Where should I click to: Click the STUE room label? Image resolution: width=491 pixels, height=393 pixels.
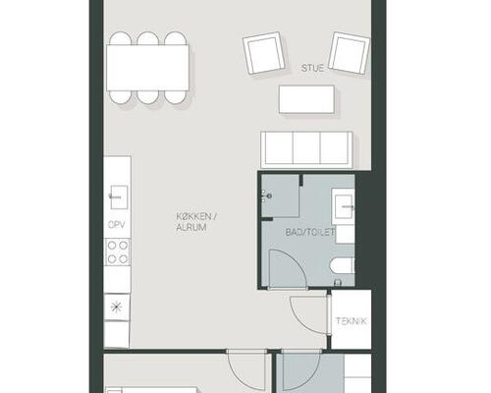tap(312, 68)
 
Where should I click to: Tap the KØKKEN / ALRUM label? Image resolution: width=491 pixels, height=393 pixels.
tap(196, 222)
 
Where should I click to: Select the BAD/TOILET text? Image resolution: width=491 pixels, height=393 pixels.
tap(310, 232)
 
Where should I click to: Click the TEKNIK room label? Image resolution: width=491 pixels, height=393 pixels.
tap(352, 321)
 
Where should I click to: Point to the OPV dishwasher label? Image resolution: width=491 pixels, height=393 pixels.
tap(117, 225)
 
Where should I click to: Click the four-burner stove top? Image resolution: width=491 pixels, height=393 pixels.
tap(118, 253)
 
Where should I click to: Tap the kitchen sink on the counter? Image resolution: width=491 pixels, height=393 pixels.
tap(119, 197)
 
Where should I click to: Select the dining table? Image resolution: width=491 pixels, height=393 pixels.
tap(147, 68)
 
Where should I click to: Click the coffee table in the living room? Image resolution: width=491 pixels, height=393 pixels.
tap(306, 99)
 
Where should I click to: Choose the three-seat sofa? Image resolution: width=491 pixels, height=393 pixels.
tap(306, 150)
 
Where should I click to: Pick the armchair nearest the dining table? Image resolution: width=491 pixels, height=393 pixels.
tap(263, 53)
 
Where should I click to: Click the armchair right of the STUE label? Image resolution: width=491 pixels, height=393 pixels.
tap(349, 52)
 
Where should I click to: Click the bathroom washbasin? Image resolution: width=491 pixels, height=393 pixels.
tap(343, 206)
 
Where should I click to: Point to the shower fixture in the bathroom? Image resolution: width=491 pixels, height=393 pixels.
tap(266, 196)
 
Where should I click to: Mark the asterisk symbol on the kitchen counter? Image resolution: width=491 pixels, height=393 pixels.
tap(116, 308)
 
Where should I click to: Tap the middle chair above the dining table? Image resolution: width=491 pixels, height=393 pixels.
tap(148, 38)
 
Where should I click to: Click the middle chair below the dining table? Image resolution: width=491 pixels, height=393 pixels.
tap(148, 97)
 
